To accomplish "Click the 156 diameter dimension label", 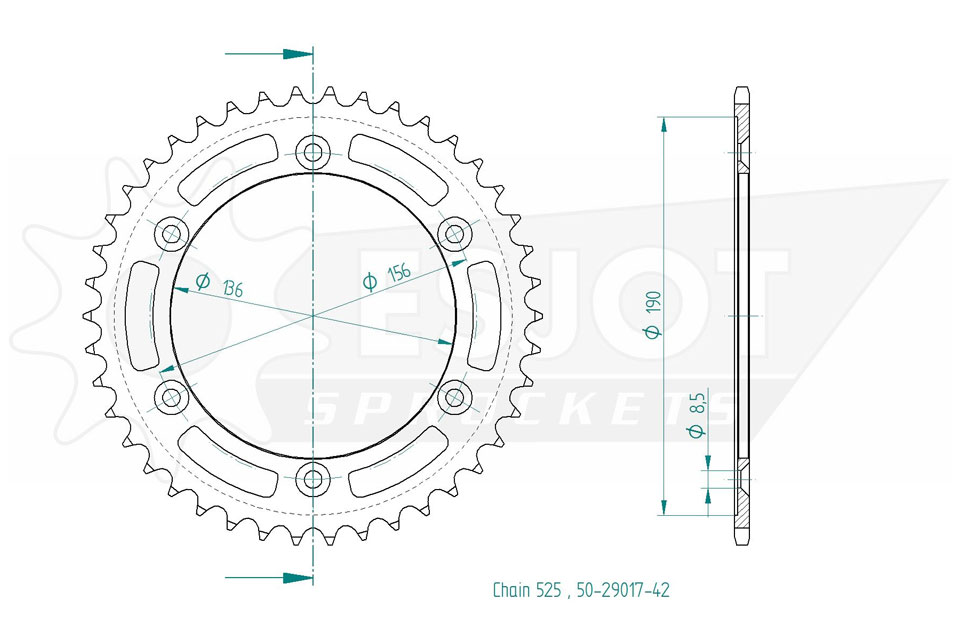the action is coord(387,277).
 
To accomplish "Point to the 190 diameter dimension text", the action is coord(654,315).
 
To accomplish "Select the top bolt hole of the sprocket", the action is coord(313,152).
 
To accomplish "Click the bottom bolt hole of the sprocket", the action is coord(313,479).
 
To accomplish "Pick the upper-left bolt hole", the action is coord(171,233).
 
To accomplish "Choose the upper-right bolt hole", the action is coord(455,233).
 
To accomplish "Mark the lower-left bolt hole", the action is coord(171,397).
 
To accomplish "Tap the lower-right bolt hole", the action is coord(455,397).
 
